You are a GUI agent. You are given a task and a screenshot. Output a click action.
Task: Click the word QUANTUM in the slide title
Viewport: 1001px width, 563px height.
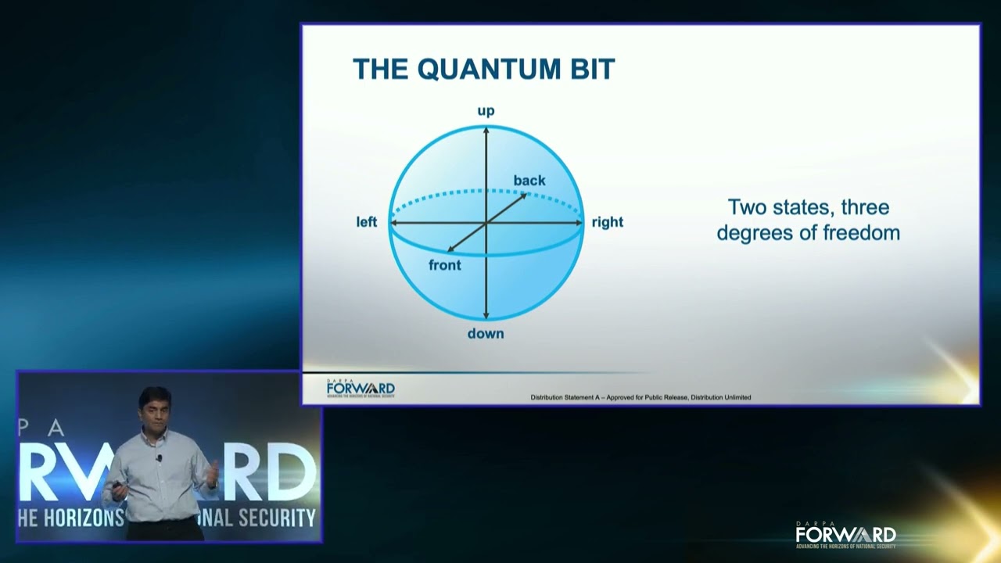point(483,69)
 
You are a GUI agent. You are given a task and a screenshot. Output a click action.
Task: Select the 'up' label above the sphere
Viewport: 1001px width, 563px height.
point(486,111)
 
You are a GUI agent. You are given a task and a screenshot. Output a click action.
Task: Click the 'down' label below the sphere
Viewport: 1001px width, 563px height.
point(486,334)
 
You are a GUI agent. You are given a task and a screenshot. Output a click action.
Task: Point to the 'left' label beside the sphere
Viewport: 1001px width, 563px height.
point(367,222)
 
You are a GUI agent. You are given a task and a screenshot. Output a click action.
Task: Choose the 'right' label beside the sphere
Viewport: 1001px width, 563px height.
point(607,222)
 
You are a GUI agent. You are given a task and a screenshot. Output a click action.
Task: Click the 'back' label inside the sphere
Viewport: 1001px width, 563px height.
point(529,181)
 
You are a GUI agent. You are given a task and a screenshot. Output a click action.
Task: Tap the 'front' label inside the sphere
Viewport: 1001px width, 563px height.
point(445,265)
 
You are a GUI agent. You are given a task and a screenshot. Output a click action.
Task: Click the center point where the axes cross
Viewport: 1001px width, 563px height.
point(486,223)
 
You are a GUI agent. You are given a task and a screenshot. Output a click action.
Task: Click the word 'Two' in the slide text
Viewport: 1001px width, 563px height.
point(748,207)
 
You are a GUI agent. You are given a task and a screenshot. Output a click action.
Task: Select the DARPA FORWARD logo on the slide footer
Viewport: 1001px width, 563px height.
point(361,389)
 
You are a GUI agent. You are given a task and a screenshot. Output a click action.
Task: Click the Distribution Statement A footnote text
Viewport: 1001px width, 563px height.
point(640,397)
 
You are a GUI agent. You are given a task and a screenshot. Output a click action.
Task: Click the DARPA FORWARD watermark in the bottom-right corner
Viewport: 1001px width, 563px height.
point(845,536)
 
